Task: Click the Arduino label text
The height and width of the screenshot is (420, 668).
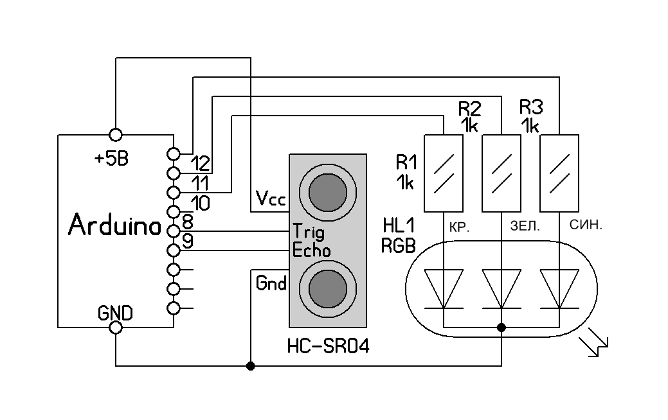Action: point(115,225)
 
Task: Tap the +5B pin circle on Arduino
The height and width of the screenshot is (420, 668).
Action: point(116,135)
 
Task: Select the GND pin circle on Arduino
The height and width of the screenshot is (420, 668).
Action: point(116,328)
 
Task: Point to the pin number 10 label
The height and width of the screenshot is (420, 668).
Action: point(200,204)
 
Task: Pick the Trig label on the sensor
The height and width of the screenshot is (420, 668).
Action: point(309,232)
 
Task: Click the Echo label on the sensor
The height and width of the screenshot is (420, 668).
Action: point(311,250)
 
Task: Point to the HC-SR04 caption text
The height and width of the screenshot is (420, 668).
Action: point(328,346)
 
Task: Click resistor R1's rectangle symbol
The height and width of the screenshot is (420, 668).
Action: point(444,173)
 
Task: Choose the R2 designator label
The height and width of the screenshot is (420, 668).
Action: point(469,108)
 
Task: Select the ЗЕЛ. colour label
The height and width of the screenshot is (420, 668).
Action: point(525,226)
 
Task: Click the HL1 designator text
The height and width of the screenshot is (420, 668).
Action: point(399,226)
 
